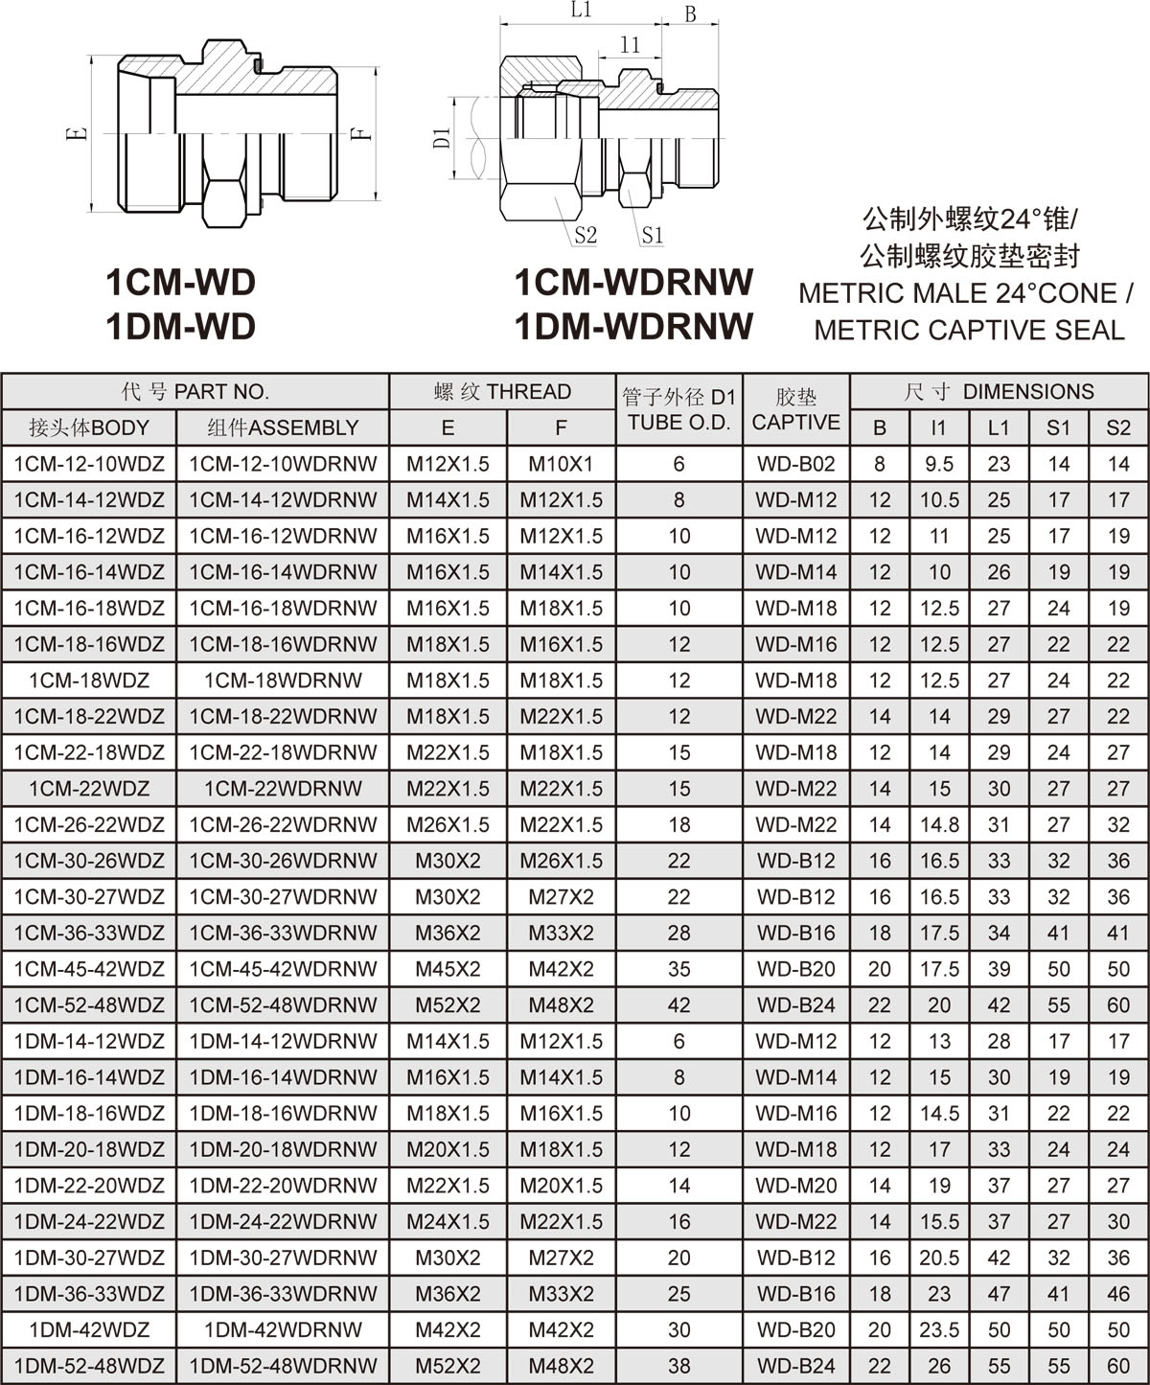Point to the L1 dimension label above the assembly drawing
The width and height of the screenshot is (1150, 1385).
pos(581,12)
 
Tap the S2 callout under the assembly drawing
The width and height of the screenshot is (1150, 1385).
pos(586,235)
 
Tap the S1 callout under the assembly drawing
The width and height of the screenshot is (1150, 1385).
pos(652,235)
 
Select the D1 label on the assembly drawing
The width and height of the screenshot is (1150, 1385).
pos(442,137)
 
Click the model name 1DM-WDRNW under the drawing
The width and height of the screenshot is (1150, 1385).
pos(633,327)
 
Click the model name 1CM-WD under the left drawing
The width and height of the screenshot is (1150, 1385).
pos(180,283)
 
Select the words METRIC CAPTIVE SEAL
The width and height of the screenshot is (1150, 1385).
pos(969,330)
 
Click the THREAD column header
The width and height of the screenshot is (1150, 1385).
pos(502,391)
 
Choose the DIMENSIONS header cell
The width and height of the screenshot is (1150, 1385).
pos(999,391)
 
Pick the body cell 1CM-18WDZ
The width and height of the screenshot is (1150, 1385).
pos(89,681)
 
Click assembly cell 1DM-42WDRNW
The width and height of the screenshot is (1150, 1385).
pos(283,1329)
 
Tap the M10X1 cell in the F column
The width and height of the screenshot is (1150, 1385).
pos(561,464)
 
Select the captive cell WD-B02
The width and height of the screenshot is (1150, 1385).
pos(795,464)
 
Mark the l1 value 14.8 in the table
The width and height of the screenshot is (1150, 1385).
pos(939,824)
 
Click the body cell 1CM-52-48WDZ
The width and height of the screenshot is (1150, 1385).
pos(89,1004)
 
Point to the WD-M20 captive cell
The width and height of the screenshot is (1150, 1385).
pos(795,1186)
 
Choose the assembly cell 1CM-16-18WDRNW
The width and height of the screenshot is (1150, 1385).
pos(283,608)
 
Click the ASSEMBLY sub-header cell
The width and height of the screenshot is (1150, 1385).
pos(283,427)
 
